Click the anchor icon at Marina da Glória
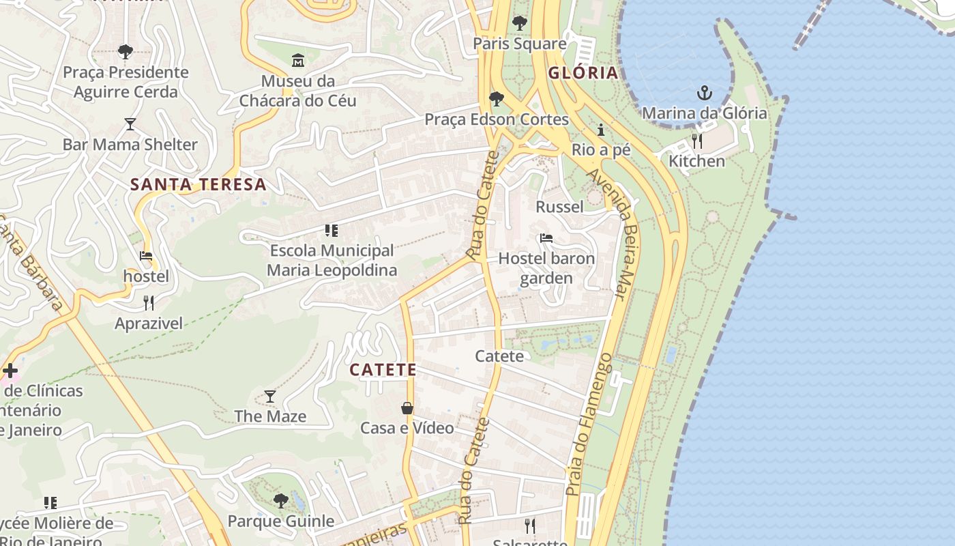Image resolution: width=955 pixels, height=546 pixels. point(704,93)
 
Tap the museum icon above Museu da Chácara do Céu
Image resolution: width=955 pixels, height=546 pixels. point(298,61)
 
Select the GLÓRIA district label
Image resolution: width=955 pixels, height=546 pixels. point(583,73)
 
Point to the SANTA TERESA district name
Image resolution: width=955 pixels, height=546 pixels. point(198,184)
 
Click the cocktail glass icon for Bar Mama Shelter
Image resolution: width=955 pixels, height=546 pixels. point(130,124)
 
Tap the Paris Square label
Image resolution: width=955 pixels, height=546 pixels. point(520,44)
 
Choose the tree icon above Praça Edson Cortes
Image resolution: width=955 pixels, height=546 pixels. point(497,99)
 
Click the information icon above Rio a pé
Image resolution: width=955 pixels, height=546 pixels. point(601,130)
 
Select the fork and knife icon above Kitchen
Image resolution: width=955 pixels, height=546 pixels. point(696,141)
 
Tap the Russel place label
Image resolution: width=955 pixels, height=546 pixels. point(559,207)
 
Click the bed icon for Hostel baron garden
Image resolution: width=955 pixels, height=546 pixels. point(546,238)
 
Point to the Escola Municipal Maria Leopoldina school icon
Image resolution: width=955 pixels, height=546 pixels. point(332,231)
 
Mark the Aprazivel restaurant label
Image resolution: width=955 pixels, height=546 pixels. point(149,324)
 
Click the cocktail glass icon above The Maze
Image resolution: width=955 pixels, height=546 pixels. point(270,396)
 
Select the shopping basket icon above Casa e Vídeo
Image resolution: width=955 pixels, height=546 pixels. point(407,408)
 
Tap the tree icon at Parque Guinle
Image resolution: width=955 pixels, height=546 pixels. point(280,501)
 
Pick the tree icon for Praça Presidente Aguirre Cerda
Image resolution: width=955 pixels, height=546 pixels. point(125,51)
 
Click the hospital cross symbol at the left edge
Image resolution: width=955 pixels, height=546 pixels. point(10,371)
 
